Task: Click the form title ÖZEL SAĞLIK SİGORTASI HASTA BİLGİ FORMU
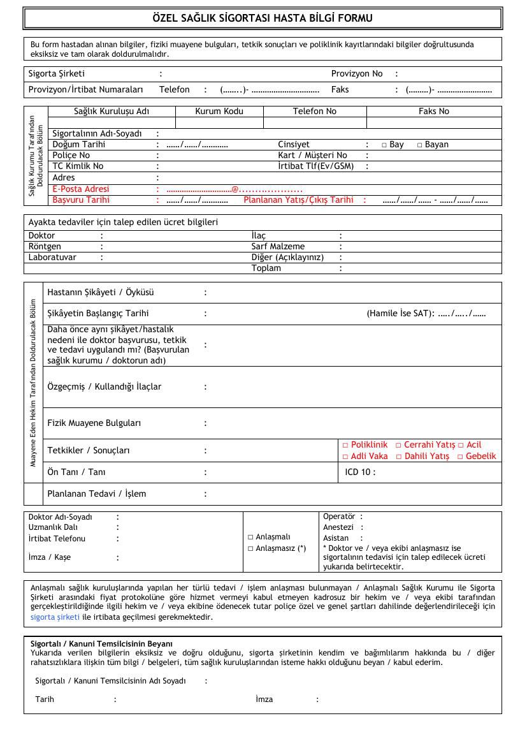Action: (x=263, y=18)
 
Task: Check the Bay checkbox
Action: (x=384, y=145)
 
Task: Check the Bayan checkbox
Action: (x=420, y=145)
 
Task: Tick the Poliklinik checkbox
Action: (x=345, y=445)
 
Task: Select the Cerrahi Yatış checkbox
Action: (x=398, y=445)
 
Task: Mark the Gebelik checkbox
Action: (x=460, y=457)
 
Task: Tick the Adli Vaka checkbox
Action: (x=345, y=457)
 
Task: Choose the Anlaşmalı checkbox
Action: (x=250, y=538)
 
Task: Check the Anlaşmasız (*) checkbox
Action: (x=250, y=548)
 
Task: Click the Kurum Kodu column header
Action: (x=219, y=112)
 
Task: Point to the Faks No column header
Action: (x=433, y=112)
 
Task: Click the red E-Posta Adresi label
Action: (x=81, y=189)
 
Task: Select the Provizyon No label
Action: (x=357, y=74)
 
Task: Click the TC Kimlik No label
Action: (x=78, y=166)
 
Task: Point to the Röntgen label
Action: (x=45, y=247)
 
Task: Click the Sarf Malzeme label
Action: (x=278, y=247)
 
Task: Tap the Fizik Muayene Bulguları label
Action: (x=94, y=423)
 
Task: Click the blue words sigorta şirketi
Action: (x=55, y=617)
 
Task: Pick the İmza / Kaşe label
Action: (x=50, y=558)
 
